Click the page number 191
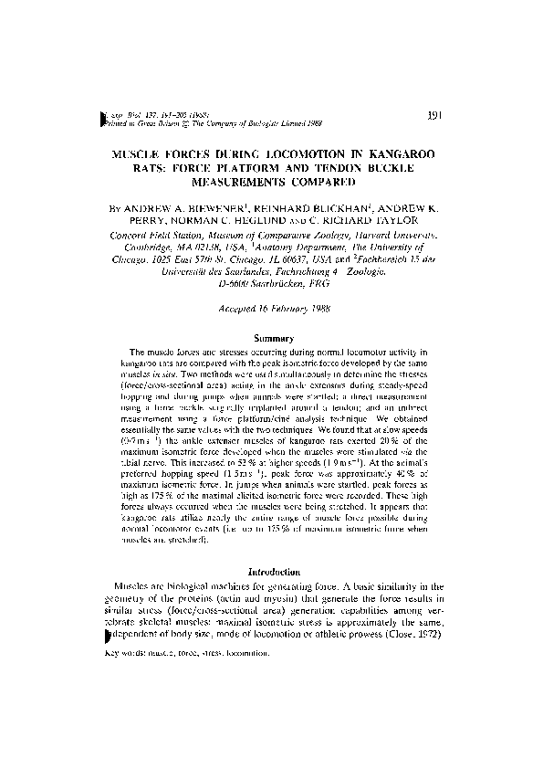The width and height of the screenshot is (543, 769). coord(434,115)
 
